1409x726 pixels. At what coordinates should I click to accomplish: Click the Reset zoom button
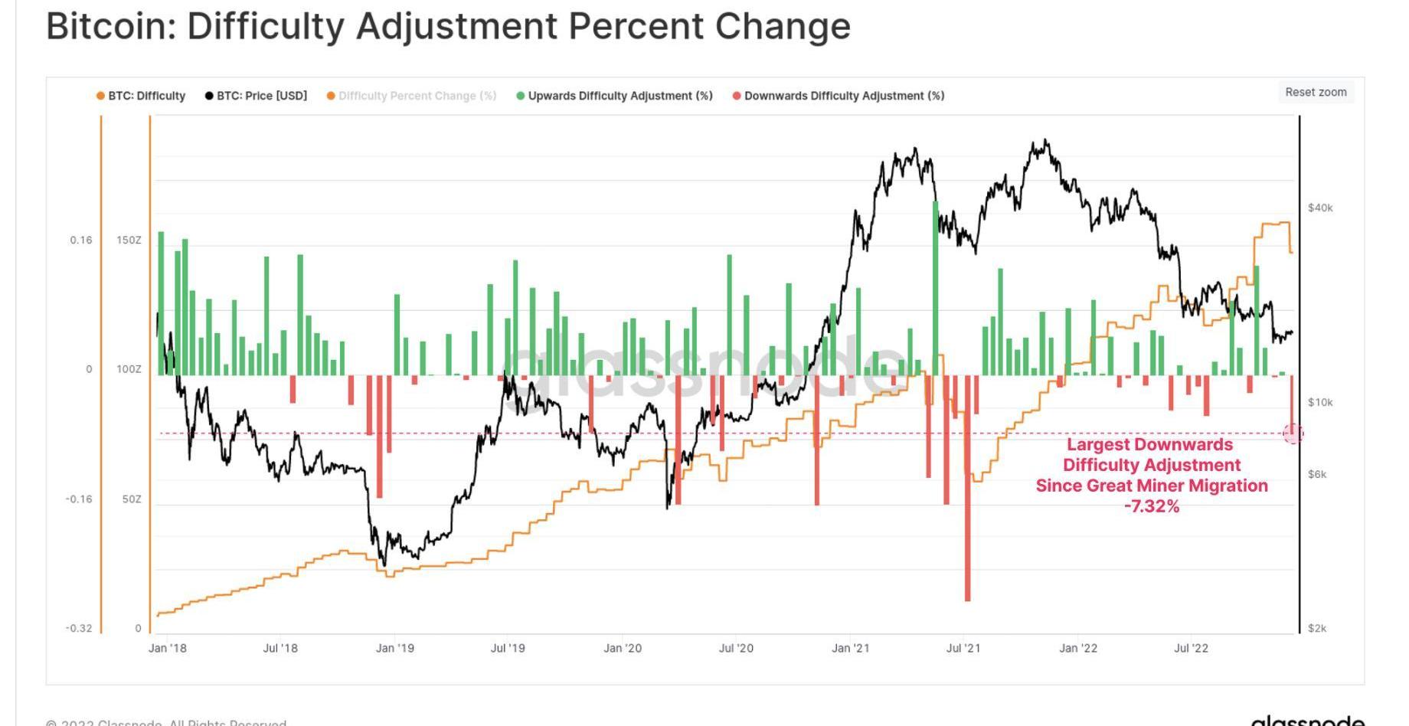point(1315,92)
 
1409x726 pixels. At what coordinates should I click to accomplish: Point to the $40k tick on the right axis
point(1320,208)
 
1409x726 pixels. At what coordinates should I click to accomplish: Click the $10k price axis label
point(1320,402)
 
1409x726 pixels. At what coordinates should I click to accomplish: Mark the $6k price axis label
point(1317,474)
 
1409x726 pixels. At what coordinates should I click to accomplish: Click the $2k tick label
point(1317,628)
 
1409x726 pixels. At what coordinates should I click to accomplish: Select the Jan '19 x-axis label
point(394,648)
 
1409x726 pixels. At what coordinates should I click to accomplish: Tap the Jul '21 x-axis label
point(963,648)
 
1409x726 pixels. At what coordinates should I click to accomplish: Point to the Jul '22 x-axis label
point(1191,648)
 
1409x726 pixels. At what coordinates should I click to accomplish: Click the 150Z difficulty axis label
point(129,240)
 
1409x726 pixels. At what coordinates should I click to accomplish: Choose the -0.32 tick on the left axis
point(78,628)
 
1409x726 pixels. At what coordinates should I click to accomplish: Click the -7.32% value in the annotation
point(1152,506)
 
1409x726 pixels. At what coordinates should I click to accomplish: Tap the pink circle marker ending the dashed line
point(1293,433)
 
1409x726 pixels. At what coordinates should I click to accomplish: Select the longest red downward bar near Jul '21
point(968,490)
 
